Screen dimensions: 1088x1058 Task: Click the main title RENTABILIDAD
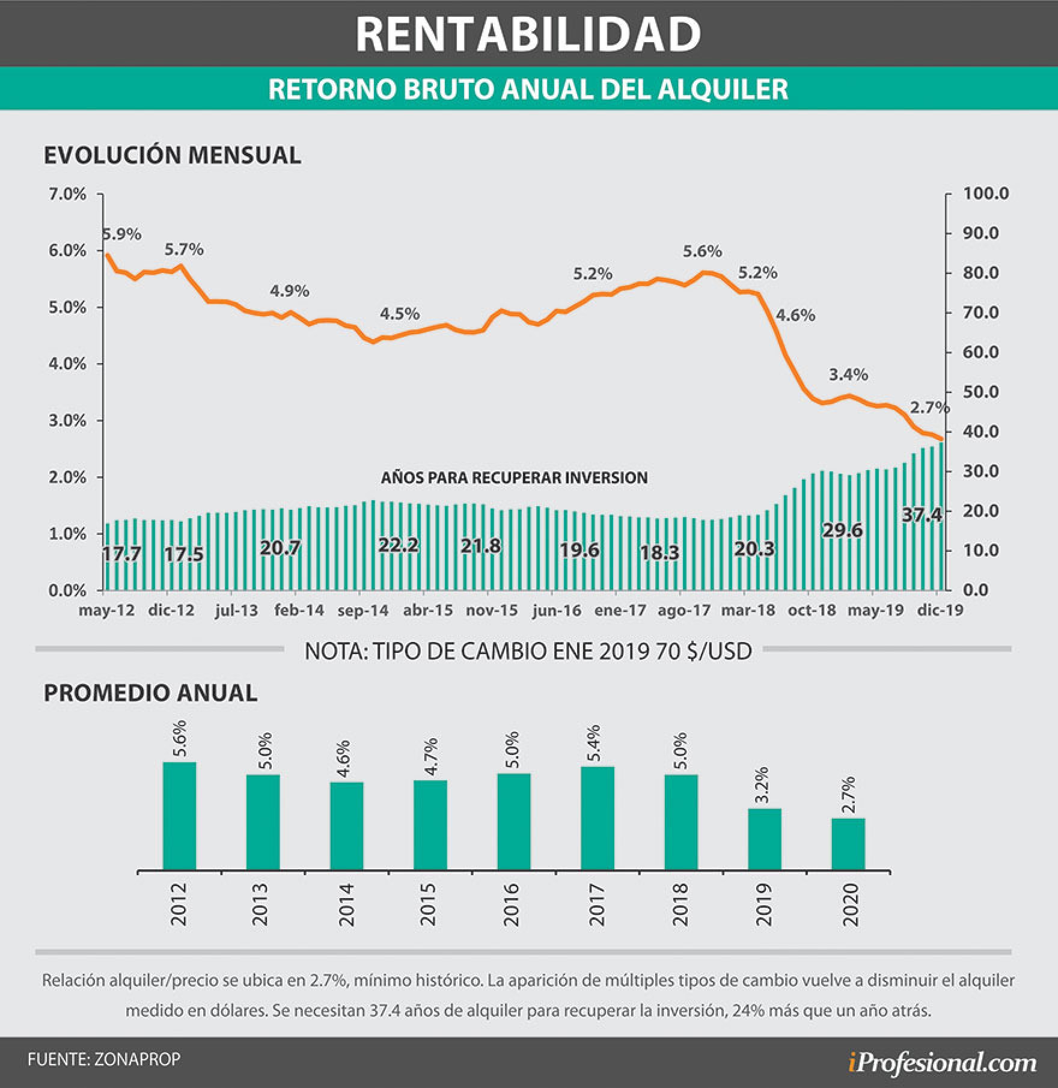(528, 34)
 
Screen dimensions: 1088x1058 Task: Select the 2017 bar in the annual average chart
(598, 818)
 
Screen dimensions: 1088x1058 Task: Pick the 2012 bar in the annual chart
(179, 815)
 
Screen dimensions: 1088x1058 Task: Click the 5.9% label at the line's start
(122, 234)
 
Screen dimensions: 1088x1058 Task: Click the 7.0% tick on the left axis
(67, 194)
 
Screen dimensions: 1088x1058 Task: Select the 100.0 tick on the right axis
(986, 194)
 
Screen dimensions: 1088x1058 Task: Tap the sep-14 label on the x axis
(363, 611)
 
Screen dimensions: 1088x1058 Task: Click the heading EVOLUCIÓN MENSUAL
(173, 155)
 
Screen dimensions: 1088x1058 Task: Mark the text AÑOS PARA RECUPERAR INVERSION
(515, 478)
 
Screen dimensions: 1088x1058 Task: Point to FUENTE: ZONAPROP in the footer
(104, 1060)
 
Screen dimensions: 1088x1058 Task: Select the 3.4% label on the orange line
(848, 375)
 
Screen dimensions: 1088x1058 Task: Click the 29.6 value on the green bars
(843, 531)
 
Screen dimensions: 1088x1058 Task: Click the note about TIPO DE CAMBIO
(528, 652)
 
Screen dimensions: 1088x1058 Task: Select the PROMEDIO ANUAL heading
(150, 693)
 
